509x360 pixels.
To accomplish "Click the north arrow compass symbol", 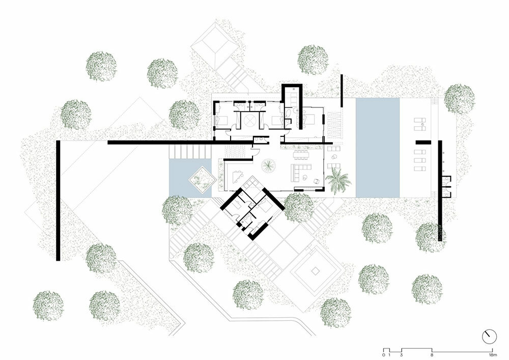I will (489, 337).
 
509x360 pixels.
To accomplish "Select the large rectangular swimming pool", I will (377, 147).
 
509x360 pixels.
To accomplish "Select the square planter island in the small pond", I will (199, 179).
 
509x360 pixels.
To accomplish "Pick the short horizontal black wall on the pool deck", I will (423, 142).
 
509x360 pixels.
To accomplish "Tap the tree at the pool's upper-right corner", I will (459, 98).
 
